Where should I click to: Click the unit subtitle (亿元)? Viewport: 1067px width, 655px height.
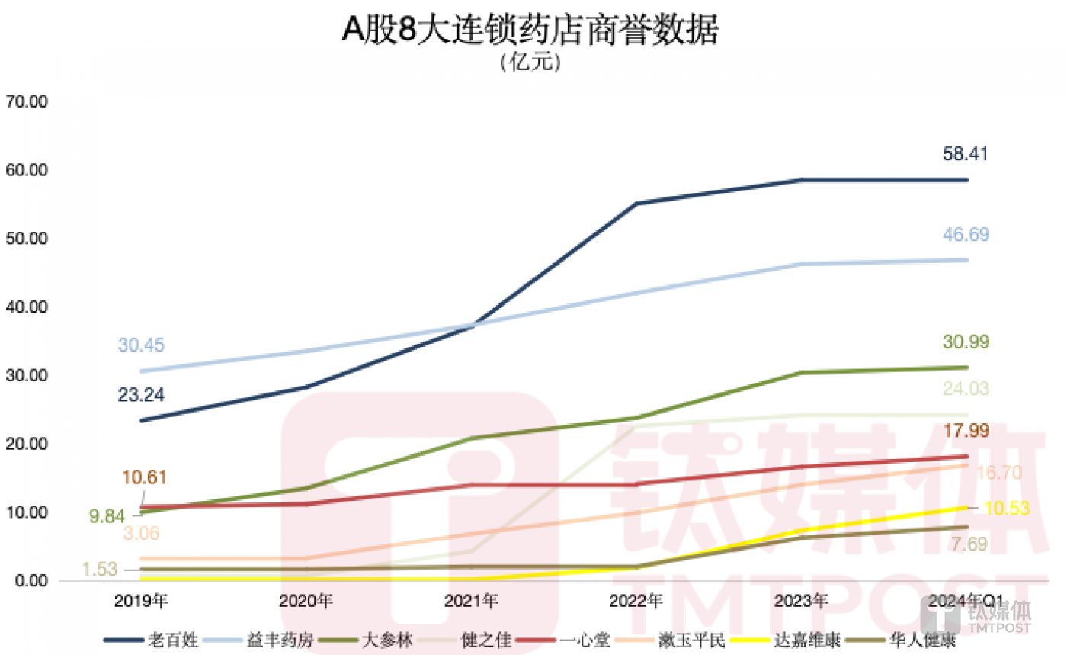tap(531, 63)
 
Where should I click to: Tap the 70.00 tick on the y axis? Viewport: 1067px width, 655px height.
tap(27, 101)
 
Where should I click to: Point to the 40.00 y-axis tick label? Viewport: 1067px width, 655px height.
tap(27, 307)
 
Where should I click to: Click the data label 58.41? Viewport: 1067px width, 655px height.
tap(966, 155)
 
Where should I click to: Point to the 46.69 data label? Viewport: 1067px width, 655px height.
tap(966, 235)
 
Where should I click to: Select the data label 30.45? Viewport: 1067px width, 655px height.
tap(140, 345)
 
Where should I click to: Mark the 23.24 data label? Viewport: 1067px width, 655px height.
tap(140, 395)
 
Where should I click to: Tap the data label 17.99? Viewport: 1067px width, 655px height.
tap(966, 431)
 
